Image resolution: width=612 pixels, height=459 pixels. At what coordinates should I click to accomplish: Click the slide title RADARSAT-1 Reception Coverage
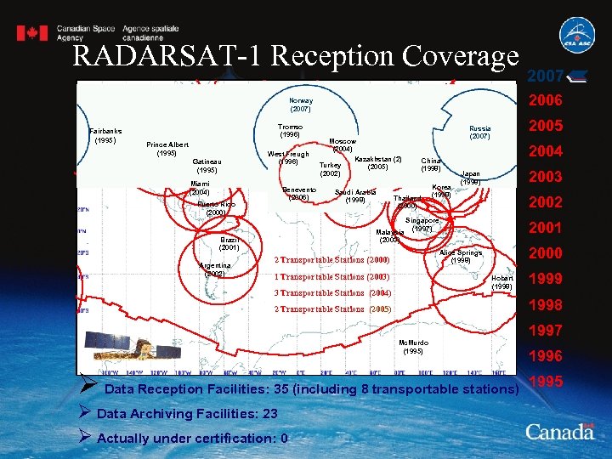pyautogui.click(x=296, y=55)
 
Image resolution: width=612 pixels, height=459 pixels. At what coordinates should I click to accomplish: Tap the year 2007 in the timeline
pyautogui.click(x=545, y=76)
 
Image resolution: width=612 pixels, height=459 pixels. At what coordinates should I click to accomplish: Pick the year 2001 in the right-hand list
pyautogui.click(x=546, y=228)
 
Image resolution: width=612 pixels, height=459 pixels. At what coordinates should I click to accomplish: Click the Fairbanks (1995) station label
pyautogui.click(x=105, y=136)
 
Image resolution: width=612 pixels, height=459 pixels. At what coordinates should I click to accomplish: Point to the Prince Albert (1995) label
pyautogui.click(x=167, y=149)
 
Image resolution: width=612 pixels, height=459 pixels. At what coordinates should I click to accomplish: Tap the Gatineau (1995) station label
pyautogui.click(x=207, y=166)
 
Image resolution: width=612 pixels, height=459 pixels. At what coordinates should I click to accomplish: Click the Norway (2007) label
pyautogui.click(x=301, y=105)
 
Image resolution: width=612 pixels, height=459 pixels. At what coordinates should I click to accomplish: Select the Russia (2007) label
pyautogui.click(x=480, y=133)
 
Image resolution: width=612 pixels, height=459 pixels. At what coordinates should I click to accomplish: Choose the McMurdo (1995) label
pyautogui.click(x=413, y=347)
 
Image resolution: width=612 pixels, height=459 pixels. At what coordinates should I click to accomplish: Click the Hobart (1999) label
pyautogui.click(x=501, y=282)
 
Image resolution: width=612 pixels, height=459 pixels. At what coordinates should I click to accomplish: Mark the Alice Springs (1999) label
pyautogui.click(x=461, y=257)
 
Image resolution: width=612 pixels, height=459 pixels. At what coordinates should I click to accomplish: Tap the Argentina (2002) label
pyautogui.click(x=214, y=269)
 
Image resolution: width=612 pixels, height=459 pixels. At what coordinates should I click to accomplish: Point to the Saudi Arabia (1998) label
pyautogui.click(x=355, y=195)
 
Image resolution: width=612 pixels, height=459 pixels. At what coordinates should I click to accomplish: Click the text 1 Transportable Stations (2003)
pyautogui.click(x=331, y=276)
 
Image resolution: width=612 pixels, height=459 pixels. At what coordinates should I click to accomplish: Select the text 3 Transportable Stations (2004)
pyautogui.click(x=331, y=293)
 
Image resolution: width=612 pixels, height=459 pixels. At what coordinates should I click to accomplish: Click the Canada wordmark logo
pyautogui.click(x=559, y=431)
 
